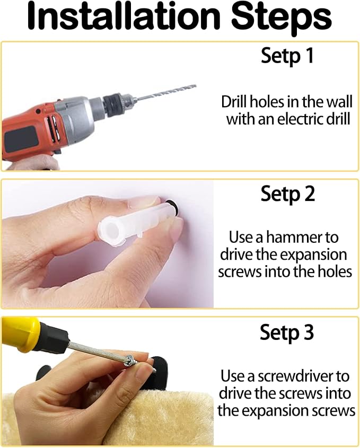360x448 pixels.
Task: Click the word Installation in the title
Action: [x=124, y=16]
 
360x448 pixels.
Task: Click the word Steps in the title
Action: [x=281, y=19]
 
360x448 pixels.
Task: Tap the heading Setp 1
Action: [x=287, y=56]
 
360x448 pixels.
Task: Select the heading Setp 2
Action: [x=288, y=194]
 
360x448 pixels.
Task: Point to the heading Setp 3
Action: [x=287, y=332]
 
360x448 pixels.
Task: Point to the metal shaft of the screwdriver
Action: [x=96, y=352]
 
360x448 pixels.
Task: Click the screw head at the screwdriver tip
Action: [x=130, y=361]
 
